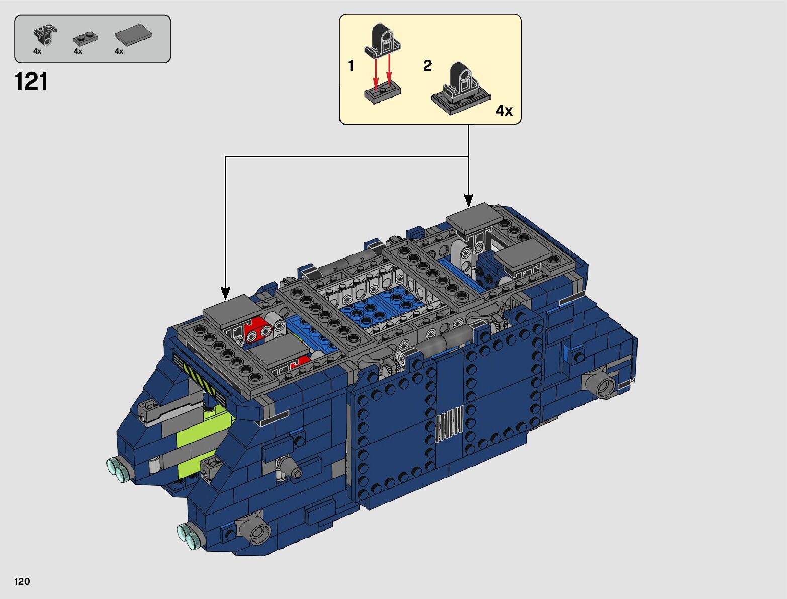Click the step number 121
[x=31, y=82]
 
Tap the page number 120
[x=22, y=581]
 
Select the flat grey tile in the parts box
[x=133, y=35]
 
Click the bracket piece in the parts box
[x=45, y=35]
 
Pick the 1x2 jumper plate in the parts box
[x=85, y=38]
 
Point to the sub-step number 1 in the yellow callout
[x=351, y=66]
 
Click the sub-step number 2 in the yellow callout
[x=428, y=65]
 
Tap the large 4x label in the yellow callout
[x=504, y=111]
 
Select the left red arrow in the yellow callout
[x=375, y=75]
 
